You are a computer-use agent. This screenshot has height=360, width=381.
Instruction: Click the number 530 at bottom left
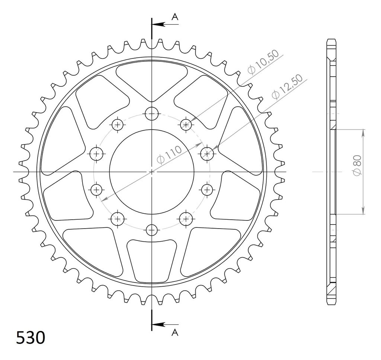[x=31, y=337]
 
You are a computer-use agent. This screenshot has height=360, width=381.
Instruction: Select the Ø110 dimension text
[x=169, y=155]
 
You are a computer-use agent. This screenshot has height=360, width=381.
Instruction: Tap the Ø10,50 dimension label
[x=263, y=62]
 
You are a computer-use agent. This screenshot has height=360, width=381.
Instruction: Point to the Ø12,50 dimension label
[x=287, y=86]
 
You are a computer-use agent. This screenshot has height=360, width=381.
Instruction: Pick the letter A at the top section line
[x=175, y=17]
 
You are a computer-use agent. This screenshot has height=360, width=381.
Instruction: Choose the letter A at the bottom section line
[x=175, y=332]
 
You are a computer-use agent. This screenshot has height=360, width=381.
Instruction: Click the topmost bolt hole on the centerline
[x=152, y=114]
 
